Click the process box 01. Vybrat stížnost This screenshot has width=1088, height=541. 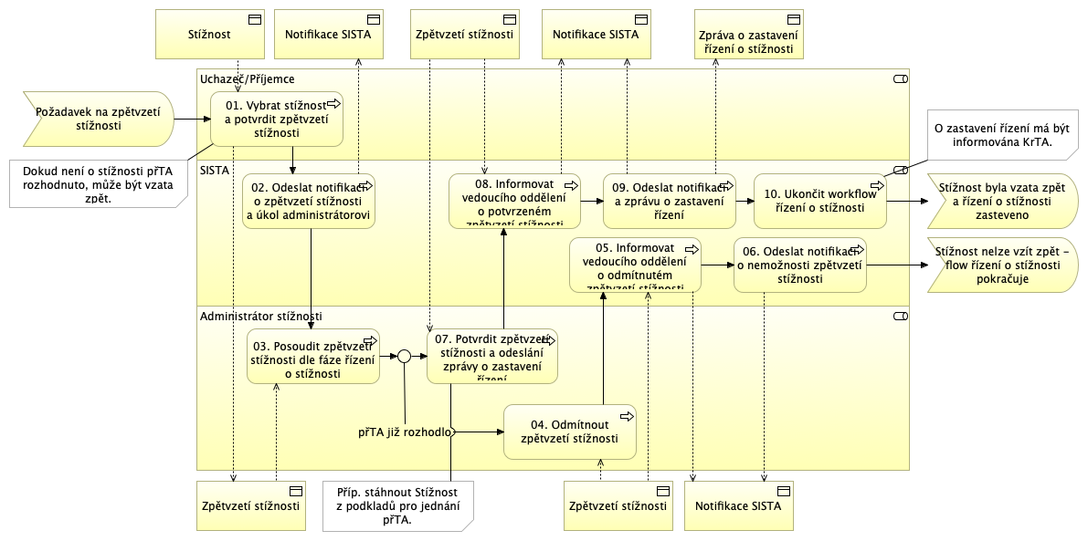tap(277, 119)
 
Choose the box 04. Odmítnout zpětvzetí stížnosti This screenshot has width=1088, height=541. tap(569, 432)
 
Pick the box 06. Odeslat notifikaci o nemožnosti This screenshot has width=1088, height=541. tap(799, 265)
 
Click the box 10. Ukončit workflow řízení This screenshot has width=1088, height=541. tap(819, 201)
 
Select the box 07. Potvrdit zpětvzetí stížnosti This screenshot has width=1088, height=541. tap(491, 356)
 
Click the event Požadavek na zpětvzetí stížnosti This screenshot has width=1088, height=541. tap(96, 119)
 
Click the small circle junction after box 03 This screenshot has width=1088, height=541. tap(405, 357)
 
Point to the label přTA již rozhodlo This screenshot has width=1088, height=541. tap(405, 432)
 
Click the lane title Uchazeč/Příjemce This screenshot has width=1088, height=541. tap(247, 79)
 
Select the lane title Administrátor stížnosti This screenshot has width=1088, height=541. tap(260, 317)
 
